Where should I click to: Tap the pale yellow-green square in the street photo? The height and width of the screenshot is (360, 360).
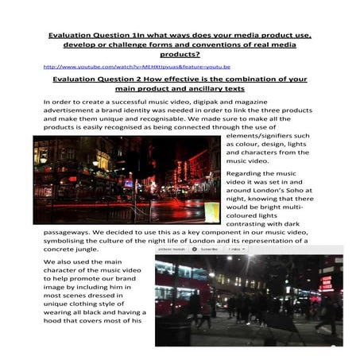pyautogui.click(x=211, y=212)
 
